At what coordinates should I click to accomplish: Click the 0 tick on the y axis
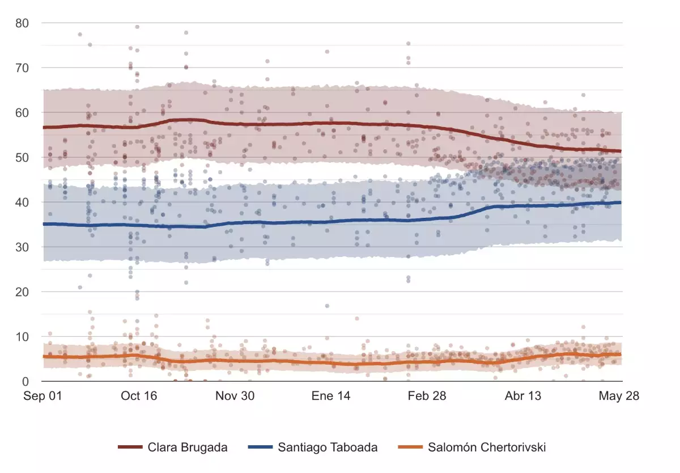(x=25, y=382)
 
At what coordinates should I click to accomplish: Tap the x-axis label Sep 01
(x=43, y=396)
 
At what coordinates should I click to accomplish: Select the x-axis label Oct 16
(x=139, y=396)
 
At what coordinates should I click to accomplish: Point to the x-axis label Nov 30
(x=235, y=396)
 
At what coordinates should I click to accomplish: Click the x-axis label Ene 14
(x=331, y=396)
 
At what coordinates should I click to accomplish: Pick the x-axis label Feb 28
(x=427, y=396)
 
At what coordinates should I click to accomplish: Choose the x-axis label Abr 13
(x=523, y=396)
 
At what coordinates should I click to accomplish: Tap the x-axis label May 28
(x=619, y=396)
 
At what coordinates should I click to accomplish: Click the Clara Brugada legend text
(x=188, y=447)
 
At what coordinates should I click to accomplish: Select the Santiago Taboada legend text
(x=328, y=447)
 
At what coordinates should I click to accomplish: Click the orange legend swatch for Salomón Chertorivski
(x=410, y=447)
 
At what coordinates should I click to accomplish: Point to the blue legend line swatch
(x=260, y=447)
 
